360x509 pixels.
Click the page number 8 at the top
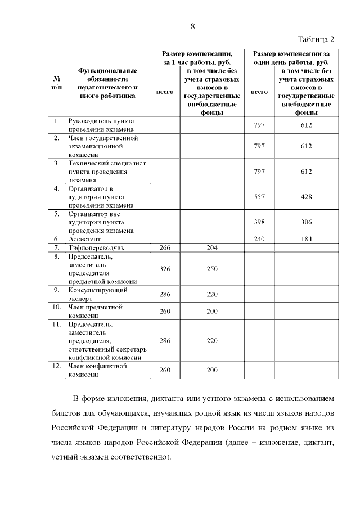pyautogui.click(x=193, y=26)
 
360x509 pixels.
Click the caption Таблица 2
pyautogui.click(x=315, y=39)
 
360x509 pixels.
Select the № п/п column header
pyautogui.click(x=56, y=83)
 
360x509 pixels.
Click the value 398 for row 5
pyautogui.click(x=259, y=222)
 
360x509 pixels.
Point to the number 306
pyautogui.click(x=306, y=222)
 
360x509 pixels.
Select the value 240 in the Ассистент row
pyautogui.click(x=259, y=239)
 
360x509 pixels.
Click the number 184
pyautogui.click(x=306, y=239)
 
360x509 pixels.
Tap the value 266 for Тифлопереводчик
pyautogui.click(x=165, y=247)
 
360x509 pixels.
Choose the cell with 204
pyautogui.click(x=211, y=247)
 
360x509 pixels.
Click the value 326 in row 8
pyautogui.click(x=165, y=269)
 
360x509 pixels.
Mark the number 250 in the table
pyautogui.click(x=211, y=269)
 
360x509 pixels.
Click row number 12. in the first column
pyautogui.click(x=56, y=366)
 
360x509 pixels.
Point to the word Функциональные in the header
pyautogui.click(x=107, y=71)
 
